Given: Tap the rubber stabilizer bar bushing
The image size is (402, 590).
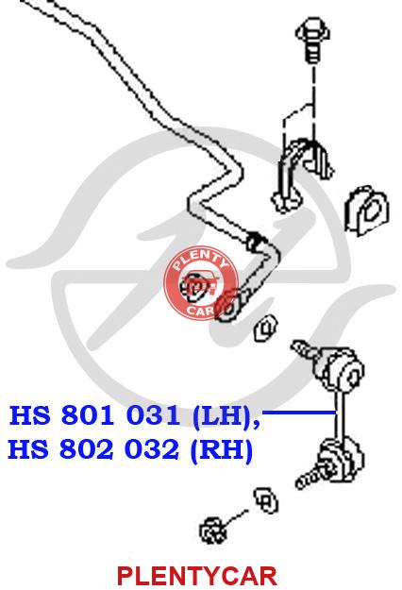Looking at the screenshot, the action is coord(367,211).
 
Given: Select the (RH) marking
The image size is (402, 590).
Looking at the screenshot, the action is coord(222,450).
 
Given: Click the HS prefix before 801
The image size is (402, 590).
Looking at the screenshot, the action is coord(29,415).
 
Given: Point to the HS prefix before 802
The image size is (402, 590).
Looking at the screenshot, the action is coord(28,449).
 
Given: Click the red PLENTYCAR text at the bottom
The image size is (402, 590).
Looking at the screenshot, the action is coord(197,575).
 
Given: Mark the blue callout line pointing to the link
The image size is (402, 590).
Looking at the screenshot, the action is coord(300,413).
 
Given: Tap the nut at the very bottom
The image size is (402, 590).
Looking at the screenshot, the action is coord(213,531).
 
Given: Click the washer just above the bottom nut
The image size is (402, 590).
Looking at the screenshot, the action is coord(266,500).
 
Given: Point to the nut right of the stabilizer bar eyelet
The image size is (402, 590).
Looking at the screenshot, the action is coord(266,329).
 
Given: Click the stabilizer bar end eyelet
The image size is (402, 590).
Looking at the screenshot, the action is coord(229,307).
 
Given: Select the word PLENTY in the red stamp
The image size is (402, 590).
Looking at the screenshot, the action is coord(200,261).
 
